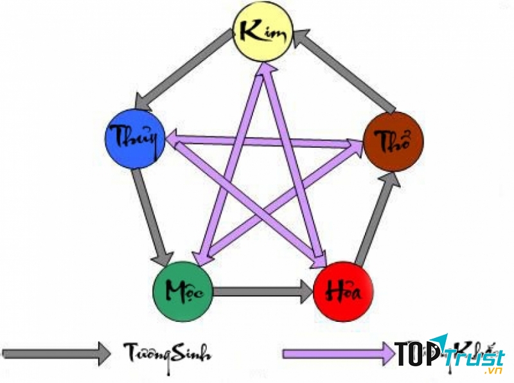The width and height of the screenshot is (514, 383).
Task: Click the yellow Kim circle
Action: (x=262, y=31)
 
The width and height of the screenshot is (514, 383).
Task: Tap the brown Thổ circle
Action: (x=393, y=140)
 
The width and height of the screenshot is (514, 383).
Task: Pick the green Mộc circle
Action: (x=182, y=291)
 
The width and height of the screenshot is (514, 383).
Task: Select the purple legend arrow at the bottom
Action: (x=337, y=353)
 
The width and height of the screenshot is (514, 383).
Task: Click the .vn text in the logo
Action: (x=493, y=371)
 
